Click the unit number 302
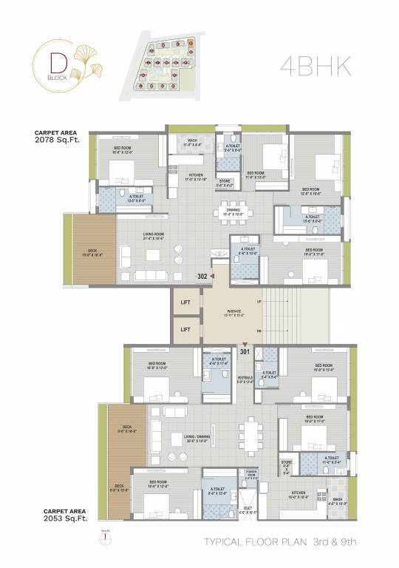pyautogui.click(x=202, y=277)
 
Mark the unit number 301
pyautogui.click(x=245, y=352)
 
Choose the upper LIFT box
pyautogui.click(x=186, y=302)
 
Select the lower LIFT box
pyautogui.click(x=186, y=329)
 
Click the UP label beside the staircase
pyautogui.click(x=258, y=302)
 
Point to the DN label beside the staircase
pyautogui.click(x=258, y=331)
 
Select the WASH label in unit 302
pyautogui.click(x=192, y=140)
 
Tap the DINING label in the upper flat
pyautogui.click(x=233, y=210)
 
